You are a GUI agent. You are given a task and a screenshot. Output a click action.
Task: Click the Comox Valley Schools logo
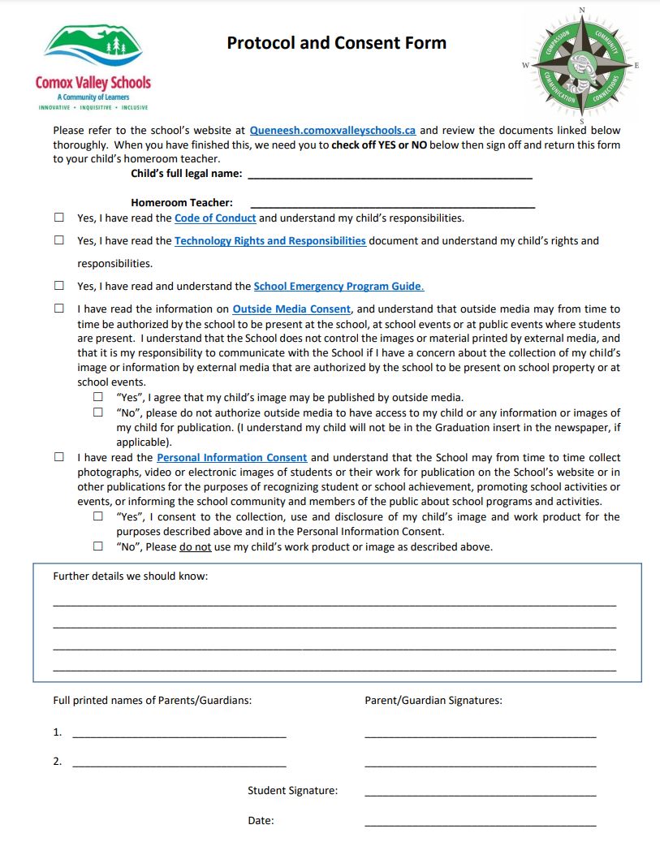[93, 67]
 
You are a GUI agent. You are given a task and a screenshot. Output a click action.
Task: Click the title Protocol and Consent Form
[336, 43]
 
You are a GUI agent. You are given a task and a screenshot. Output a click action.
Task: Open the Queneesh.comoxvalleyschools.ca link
[333, 130]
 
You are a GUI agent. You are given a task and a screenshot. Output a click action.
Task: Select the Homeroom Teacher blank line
[392, 203]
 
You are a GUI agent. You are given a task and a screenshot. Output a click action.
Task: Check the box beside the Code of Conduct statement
[59, 218]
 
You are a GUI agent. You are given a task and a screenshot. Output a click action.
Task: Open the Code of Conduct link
[215, 218]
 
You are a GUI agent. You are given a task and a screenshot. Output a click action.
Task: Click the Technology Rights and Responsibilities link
[270, 240]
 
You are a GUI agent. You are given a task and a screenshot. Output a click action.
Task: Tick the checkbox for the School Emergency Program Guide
[59, 286]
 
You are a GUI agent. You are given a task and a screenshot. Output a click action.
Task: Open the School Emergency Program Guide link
[339, 286]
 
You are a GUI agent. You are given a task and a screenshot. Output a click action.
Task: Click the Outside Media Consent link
[291, 309]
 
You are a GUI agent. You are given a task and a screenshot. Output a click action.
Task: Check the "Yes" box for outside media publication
[98, 397]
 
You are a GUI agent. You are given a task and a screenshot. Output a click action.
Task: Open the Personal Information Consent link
[231, 457]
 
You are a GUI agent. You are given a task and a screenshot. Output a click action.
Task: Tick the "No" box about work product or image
[98, 546]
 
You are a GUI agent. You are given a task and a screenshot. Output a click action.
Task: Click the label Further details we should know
[130, 576]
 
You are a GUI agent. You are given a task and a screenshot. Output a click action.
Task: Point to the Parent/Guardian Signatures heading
[433, 700]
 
